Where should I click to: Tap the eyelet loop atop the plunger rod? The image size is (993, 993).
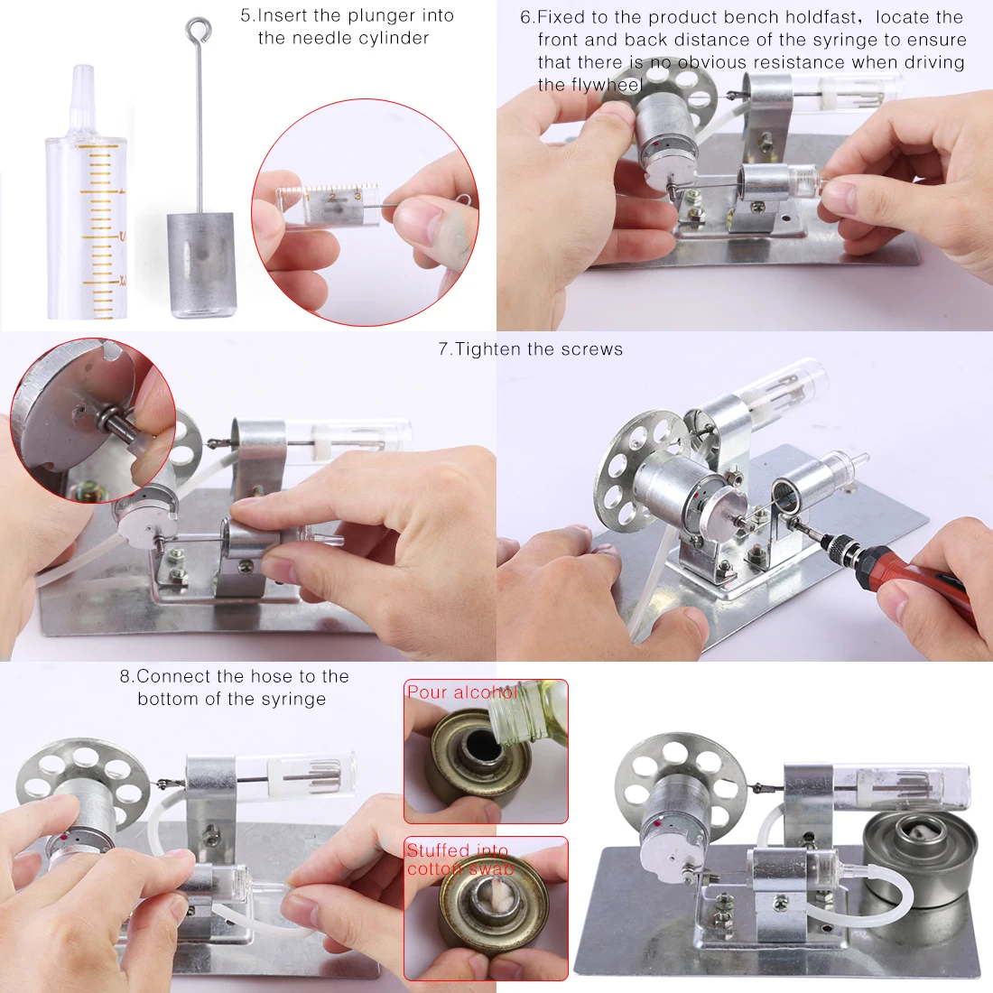[199, 29]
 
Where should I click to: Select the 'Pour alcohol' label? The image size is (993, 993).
[461, 692]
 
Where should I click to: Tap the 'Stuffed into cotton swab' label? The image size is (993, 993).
[459, 859]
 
